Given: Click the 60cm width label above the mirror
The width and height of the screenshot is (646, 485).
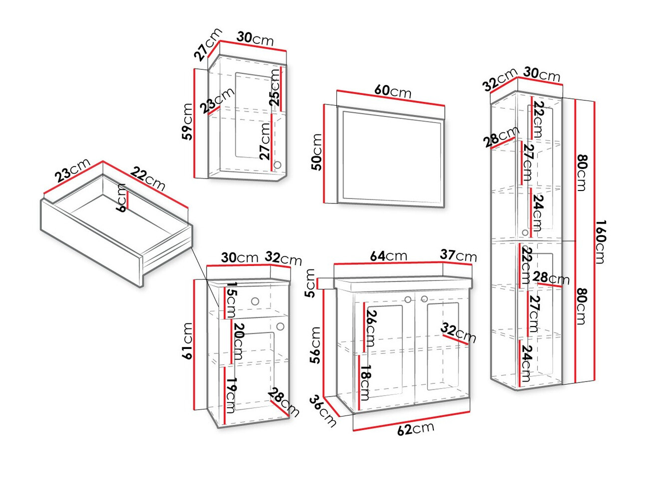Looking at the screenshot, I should tap(393, 91).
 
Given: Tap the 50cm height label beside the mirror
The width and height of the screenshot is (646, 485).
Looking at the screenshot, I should tap(317, 152).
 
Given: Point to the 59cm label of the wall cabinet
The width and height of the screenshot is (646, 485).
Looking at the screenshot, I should tap(187, 121).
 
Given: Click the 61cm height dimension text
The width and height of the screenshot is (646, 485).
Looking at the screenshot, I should tap(187, 340).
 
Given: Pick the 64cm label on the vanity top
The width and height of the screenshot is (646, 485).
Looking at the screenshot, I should tap(388, 256).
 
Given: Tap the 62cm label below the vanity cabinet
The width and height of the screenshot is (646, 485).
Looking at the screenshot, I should tap(415, 429).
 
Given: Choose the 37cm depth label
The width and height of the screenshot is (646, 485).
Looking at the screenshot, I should tap(458, 255).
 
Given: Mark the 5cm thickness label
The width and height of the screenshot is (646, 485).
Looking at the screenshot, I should tap(310, 282).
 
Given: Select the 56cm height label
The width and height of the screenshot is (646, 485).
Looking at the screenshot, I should tap(315, 345).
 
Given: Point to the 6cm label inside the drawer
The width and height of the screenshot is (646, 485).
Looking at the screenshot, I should tap(121, 198).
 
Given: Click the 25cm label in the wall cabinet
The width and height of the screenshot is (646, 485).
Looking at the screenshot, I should tap(275, 87).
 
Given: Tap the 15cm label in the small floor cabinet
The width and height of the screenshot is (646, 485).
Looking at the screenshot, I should tap(230, 299).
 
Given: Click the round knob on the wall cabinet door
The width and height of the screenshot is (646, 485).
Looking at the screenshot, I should tap(278, 164).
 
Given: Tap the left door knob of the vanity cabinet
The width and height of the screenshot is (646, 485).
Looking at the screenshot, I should tap(408, 299).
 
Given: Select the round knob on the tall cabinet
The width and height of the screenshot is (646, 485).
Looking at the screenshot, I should tap(525, 232).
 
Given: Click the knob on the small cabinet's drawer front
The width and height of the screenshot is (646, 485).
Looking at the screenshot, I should tap(256, 301).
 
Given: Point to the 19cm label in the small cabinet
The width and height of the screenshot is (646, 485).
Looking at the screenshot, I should tap(230, 394).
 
